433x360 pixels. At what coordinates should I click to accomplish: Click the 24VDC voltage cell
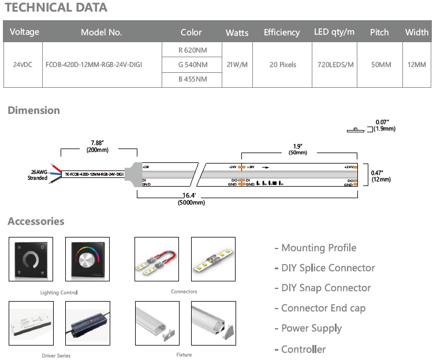[x=23, y=65]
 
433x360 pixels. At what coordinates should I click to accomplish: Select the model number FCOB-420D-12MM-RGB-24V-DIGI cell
[x=94, y=65]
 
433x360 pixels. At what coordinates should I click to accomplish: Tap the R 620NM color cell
[x=191, y=50]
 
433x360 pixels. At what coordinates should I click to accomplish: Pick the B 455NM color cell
[x=191, y=80]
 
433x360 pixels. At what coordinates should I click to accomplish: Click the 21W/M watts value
[x=237, y=65]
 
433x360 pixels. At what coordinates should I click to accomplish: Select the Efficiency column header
[x=282, y=32]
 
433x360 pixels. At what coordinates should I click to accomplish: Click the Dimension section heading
[x=33, y=110]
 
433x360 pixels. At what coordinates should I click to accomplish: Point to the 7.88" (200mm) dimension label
[x=99, y=146]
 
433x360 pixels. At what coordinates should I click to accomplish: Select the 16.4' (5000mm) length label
[x=191, y=199]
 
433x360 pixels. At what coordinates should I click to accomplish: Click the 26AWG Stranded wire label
[x=38, y=175]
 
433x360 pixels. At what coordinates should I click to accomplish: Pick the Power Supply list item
[x=311, y=328]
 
